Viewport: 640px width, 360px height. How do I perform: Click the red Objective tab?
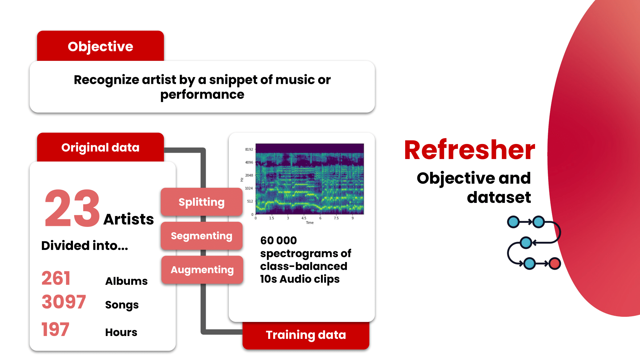100,46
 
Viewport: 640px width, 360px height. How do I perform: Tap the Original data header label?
100,148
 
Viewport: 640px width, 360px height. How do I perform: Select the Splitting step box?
201,202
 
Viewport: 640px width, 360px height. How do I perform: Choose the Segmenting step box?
201,236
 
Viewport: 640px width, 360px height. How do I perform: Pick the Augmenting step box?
202,270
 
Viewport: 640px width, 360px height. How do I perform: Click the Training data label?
306,335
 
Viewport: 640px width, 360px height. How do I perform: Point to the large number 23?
72,208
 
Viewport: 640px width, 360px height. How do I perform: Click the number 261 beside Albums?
56,278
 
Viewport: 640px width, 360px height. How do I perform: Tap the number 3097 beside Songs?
64,302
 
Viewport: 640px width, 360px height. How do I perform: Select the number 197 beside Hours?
55,330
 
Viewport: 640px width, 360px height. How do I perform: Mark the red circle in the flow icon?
555,264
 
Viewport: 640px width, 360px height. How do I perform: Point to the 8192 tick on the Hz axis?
249,149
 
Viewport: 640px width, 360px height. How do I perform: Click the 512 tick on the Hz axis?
250,201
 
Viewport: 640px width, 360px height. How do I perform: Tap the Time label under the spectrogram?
310,223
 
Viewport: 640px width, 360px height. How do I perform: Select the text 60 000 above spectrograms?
278,240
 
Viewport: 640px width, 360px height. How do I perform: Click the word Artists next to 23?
129,220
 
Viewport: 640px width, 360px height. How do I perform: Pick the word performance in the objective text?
202,95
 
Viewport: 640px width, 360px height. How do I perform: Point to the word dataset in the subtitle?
499,197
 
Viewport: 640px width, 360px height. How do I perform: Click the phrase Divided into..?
84,246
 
